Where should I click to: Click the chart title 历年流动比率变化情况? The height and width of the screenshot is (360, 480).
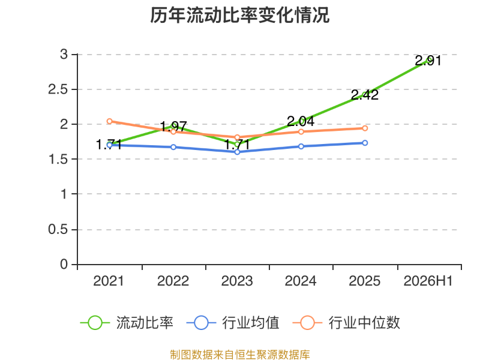click(x=239, y=16)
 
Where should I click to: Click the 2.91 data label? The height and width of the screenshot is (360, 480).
click(x=428, y=61)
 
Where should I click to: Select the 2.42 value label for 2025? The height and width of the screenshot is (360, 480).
click(x=365, y=95)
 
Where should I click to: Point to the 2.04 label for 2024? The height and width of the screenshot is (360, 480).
click(x=301, y=121)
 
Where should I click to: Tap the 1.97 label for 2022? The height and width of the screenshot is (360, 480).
click(x=173, y=126)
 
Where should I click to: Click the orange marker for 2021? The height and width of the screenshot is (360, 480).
click(x=110, y=121)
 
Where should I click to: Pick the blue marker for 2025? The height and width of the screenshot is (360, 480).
click(x=365, y=143)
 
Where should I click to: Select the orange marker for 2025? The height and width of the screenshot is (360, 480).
click(x=365, y=128)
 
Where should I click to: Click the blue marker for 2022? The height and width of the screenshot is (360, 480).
click(x=173, y=147)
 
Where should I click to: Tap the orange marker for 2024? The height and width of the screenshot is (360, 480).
click(x=301, y=131)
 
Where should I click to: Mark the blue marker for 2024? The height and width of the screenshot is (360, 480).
click(x=301, y=146)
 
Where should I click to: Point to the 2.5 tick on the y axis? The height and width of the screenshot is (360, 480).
click(x=58, y=89)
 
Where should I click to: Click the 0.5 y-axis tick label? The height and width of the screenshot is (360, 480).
click(x=58, y=229)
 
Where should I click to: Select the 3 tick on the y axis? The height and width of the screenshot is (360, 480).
click(x=64, y=55)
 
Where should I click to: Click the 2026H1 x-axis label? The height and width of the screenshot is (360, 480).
click(x=428, y=281)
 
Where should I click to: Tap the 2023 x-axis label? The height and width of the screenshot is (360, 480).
click(x=237, y=281)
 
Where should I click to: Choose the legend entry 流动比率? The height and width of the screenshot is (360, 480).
click(x=127, y=323)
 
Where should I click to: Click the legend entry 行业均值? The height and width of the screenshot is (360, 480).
click(x=233, y=323)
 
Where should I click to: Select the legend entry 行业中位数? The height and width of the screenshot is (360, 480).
click(x=346, y=323)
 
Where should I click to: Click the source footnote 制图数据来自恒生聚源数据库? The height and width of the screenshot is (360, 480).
click(x=239, y=355)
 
